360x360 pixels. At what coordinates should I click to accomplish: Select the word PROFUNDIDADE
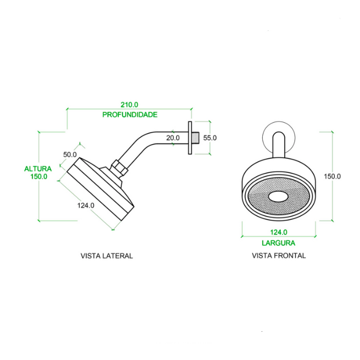coord(130,115)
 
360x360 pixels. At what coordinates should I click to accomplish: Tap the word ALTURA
coord(38,168)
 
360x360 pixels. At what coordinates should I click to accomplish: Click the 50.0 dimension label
coord(70,154)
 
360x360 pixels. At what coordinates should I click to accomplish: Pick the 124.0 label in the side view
coord(86,205)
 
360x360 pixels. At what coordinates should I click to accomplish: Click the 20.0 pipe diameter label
coord(173,138)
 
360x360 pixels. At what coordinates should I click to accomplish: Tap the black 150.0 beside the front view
coord(332,176)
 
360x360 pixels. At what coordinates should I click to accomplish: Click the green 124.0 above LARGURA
coord(278,232)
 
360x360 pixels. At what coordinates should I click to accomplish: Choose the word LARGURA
coord(278,243)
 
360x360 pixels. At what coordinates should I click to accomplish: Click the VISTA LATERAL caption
coord(107,256)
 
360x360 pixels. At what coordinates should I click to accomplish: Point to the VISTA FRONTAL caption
coord(279,256)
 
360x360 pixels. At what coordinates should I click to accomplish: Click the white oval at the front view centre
coord(279,196)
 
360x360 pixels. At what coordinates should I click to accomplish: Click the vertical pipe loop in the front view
coord(278,147)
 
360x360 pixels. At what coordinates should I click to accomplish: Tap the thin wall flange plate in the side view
coord(190,137)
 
